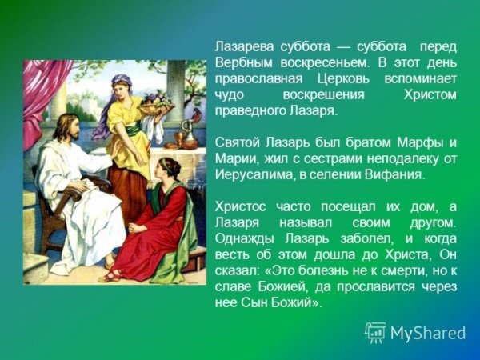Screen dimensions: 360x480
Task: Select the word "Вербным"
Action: point(243,62)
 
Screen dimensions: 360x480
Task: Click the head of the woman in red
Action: point(170,170)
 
